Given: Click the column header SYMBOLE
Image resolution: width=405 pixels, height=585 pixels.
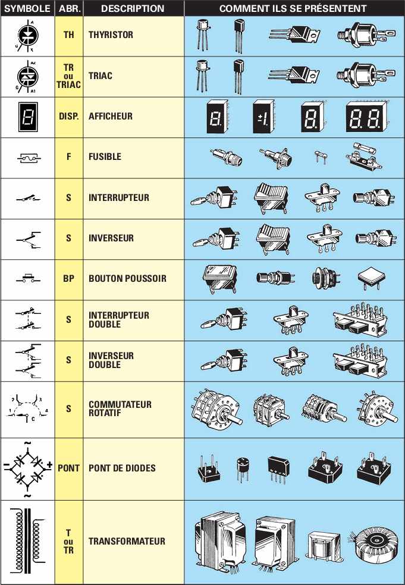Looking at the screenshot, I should (x=27, y=8).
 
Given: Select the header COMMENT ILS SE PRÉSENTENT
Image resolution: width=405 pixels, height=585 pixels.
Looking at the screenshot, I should (x=293, y=8).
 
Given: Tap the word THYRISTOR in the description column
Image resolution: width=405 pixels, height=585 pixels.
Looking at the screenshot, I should (x=111, y=34).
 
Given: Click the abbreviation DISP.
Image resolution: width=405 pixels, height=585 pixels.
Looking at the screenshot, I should (x=68, y=117).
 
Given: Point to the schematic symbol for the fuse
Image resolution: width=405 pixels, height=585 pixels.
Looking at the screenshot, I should (x=27, y=158).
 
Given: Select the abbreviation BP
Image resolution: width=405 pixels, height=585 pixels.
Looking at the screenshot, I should (x=68, y=278).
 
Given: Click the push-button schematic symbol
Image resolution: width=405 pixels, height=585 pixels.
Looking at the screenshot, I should (x=27, y=278).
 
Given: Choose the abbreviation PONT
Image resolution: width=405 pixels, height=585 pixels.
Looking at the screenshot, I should (x=68, y=468).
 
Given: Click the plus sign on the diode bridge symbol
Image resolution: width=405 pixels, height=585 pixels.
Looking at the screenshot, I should (x=49, y=464).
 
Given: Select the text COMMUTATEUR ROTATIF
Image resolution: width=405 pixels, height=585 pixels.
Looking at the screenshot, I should (x=120, y=409).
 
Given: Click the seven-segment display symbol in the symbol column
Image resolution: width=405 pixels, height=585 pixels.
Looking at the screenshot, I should (x=27, y=117).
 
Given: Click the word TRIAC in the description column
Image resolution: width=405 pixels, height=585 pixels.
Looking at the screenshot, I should (x=101, y=76).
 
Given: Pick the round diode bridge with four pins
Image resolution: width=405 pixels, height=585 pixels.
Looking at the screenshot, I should (x=242, y=468).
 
